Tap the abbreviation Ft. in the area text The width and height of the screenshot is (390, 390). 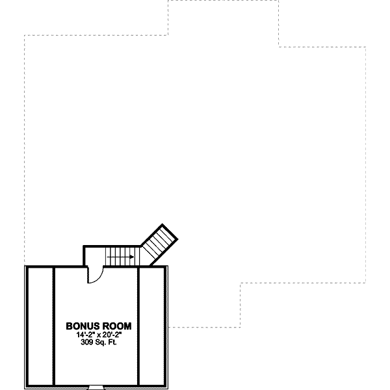click(x=112, y=341)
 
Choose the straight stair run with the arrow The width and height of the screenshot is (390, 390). click(x=121, y=257)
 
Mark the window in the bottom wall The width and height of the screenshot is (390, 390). click(x=96, y=387)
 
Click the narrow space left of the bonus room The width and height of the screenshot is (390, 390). click(x=39, y=325)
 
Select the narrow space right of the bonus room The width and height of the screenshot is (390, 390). click(x=153, y=325)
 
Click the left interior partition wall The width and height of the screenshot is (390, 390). click(x=53, y=325)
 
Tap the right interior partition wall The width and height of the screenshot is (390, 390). click(x=139, y=325)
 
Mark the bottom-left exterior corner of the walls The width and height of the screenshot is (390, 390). click(x=25, y=387)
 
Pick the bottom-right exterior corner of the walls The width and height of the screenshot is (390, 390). click(x=168, y=387)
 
